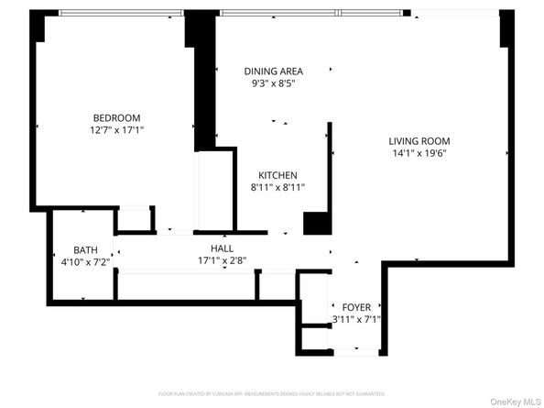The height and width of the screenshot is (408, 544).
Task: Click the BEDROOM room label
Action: tap(116, 116)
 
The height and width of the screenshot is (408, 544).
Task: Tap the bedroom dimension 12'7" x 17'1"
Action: tap(116, 130)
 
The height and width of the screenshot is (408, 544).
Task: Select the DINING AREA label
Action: tap(273, 71)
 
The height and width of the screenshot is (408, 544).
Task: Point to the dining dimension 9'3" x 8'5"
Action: tap(273, 83)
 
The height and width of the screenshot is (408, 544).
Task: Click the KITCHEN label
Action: tap(277, 175)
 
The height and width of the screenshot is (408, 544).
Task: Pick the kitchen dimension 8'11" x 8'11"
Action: tap(277, 187)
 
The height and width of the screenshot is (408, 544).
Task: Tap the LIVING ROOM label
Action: tap(419, 141)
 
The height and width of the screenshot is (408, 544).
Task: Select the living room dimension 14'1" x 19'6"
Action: tap(419, 154)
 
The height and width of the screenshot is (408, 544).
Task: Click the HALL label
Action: tap(223, 248)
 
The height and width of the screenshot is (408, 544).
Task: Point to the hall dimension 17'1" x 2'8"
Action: tap(223, 260)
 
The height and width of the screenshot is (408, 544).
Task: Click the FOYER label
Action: tap(356, 307)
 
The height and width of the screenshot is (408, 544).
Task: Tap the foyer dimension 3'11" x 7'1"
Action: tap(356, 320)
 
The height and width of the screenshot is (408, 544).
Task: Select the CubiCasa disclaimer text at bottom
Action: tap(271, 393)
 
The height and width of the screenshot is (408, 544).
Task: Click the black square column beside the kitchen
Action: tap(315, 223)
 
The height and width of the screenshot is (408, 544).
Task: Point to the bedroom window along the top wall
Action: tap(121, 13)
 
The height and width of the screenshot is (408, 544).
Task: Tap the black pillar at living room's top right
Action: tap(504, 29)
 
